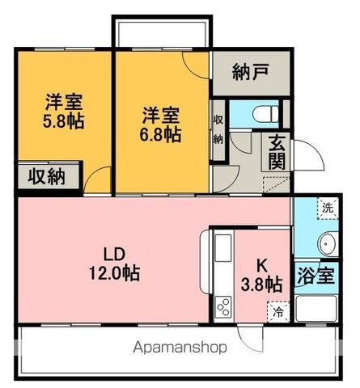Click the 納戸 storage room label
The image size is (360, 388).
pos(251,72)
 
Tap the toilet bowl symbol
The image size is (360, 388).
pos(265,114)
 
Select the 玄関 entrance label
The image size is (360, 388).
pos(277,152)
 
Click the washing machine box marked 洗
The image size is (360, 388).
pos(328,208)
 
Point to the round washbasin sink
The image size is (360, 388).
pos(328,244)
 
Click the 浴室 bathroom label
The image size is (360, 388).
pos(316,276)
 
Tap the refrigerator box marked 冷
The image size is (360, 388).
pos(278,312)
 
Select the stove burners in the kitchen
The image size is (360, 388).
pos(223,307)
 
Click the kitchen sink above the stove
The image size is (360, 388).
pos(223,248)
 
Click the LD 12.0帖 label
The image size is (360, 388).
pos(114,264)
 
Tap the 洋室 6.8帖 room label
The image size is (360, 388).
pos(160,124)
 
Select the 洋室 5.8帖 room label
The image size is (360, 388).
pos(64,111)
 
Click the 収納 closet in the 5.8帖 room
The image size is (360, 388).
pos(49,176)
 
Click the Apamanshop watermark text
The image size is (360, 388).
pos(180,348)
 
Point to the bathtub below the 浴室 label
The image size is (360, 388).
pos(316,309)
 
